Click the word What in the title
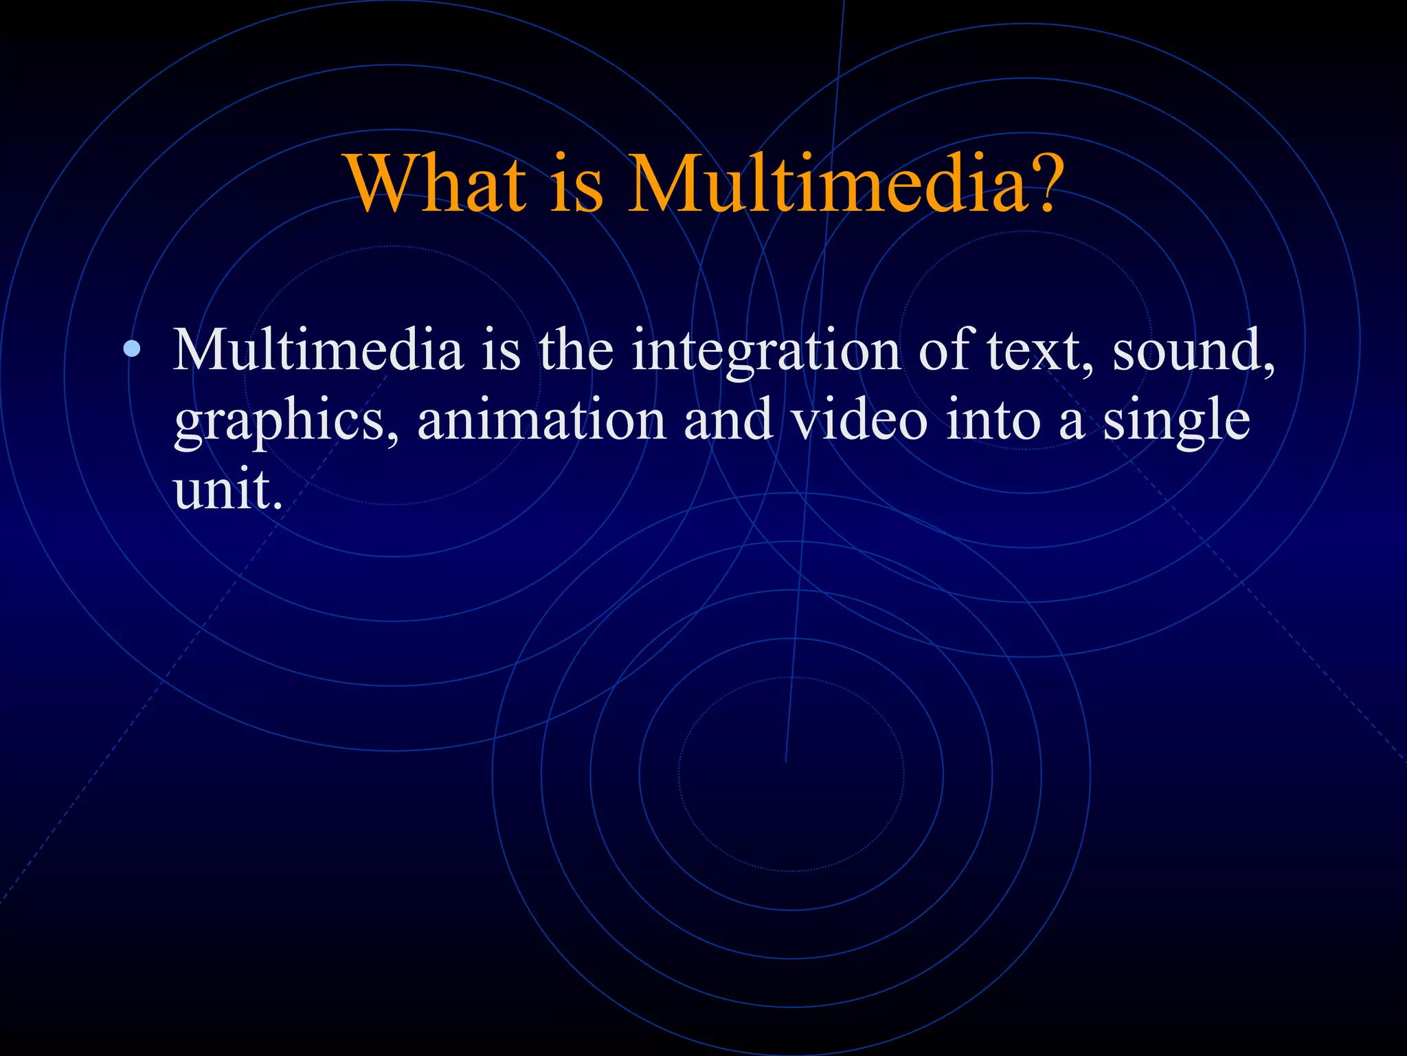(x=437, y=184)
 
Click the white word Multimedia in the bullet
(x=317, y=350)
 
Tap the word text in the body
(x=1031, y=351)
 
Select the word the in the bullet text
(x=576, y=350)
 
